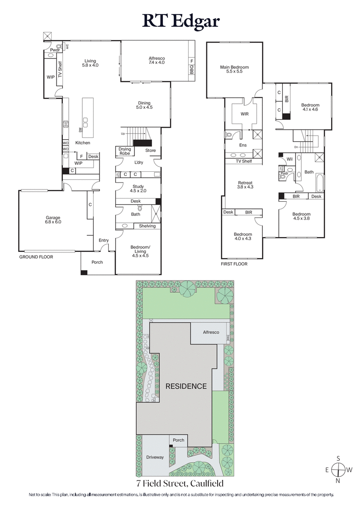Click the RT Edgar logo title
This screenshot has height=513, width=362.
pos(181,21)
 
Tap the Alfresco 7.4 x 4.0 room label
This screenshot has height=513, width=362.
pos(156,61)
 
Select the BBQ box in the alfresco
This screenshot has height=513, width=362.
pos(191,71)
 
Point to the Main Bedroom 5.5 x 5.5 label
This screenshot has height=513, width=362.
pos(234,69)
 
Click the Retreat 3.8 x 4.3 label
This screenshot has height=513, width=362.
pos(245,186)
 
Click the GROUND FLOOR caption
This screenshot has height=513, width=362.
pos(36,257)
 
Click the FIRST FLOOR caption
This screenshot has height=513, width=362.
pos(234,263)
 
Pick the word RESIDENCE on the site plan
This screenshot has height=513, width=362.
pos(186,387)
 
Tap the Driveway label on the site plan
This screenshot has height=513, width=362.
pos(155,457)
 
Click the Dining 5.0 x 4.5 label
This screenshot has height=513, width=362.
pos(143,106)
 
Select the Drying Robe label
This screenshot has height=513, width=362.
pos(125,151)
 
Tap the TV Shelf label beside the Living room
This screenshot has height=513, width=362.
pos(59,69)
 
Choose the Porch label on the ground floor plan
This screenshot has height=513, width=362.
pos(97,262)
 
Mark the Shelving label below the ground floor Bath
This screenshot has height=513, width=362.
pos(147,226)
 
